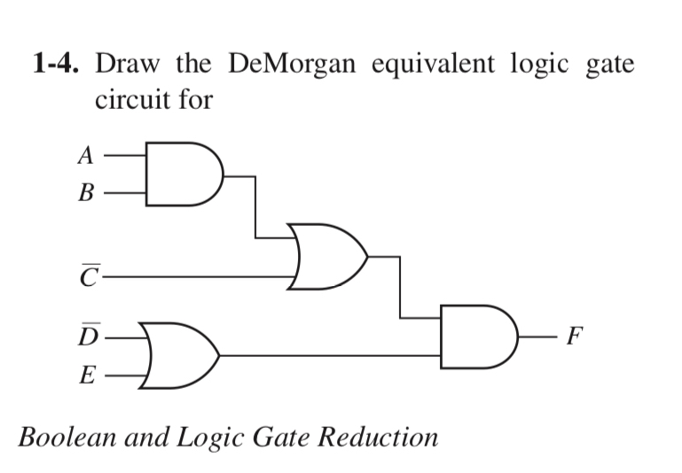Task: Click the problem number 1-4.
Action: point(59,65)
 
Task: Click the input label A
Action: point(85,156)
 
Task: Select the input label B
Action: point(85,190)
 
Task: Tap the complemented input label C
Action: point(86,278)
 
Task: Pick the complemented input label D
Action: point(86,337)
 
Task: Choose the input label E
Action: point(86,376)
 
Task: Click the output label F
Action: point(576,337)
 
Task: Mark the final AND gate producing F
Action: point(476,337)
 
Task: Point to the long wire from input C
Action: point(195,278)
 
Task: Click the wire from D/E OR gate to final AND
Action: point(328,356)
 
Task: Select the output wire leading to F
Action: point(536,337)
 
